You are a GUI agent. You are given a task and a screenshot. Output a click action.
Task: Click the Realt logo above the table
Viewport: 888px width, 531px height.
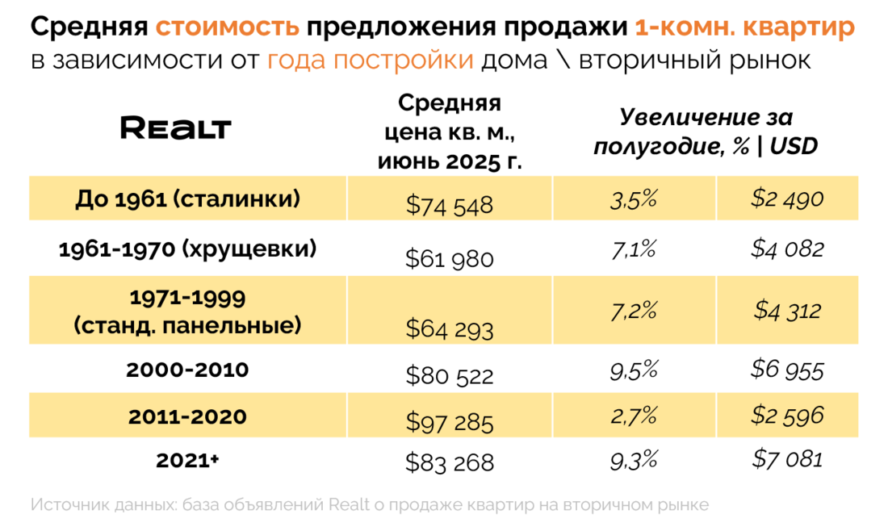[x=175, y=128]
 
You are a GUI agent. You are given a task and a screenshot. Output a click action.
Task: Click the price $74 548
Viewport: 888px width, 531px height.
[x=450, y=206]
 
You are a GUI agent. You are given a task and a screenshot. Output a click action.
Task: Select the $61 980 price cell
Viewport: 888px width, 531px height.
[x=450, y=258]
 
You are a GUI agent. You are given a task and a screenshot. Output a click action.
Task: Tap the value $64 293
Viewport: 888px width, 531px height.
[x=450, y=328]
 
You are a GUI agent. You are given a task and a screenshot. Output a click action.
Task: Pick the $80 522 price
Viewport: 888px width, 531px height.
[x=450, y=375]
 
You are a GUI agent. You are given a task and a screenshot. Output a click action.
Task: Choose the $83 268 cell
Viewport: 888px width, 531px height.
[x=450, y=463]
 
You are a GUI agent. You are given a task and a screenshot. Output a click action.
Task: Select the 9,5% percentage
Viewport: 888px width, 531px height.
[x=633, y=370]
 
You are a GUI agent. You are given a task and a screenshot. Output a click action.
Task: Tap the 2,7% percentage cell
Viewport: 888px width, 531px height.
[x=633, y=416]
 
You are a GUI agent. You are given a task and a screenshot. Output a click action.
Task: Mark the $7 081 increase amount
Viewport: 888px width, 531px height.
[x=787, y=459]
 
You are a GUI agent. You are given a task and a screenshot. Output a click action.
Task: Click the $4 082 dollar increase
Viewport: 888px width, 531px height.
[x=787, y=249]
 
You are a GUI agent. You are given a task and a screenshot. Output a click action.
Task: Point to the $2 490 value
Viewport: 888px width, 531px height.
[x=787, y=199]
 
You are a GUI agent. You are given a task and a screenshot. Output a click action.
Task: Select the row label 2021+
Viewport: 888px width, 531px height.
[x=187, y=461]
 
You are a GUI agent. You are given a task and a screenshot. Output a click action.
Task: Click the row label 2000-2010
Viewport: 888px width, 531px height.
[x=187, y=370]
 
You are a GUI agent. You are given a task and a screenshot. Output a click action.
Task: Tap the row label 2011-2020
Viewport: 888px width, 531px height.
[x=187, y=417]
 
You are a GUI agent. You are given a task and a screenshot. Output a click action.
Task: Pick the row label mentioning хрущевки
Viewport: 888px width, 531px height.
[x=187, y=249]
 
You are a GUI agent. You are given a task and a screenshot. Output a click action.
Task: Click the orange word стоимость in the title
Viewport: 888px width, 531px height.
[x=227, y=28]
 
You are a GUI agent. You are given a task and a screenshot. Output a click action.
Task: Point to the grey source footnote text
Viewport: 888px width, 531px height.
[x=370, y=505]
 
